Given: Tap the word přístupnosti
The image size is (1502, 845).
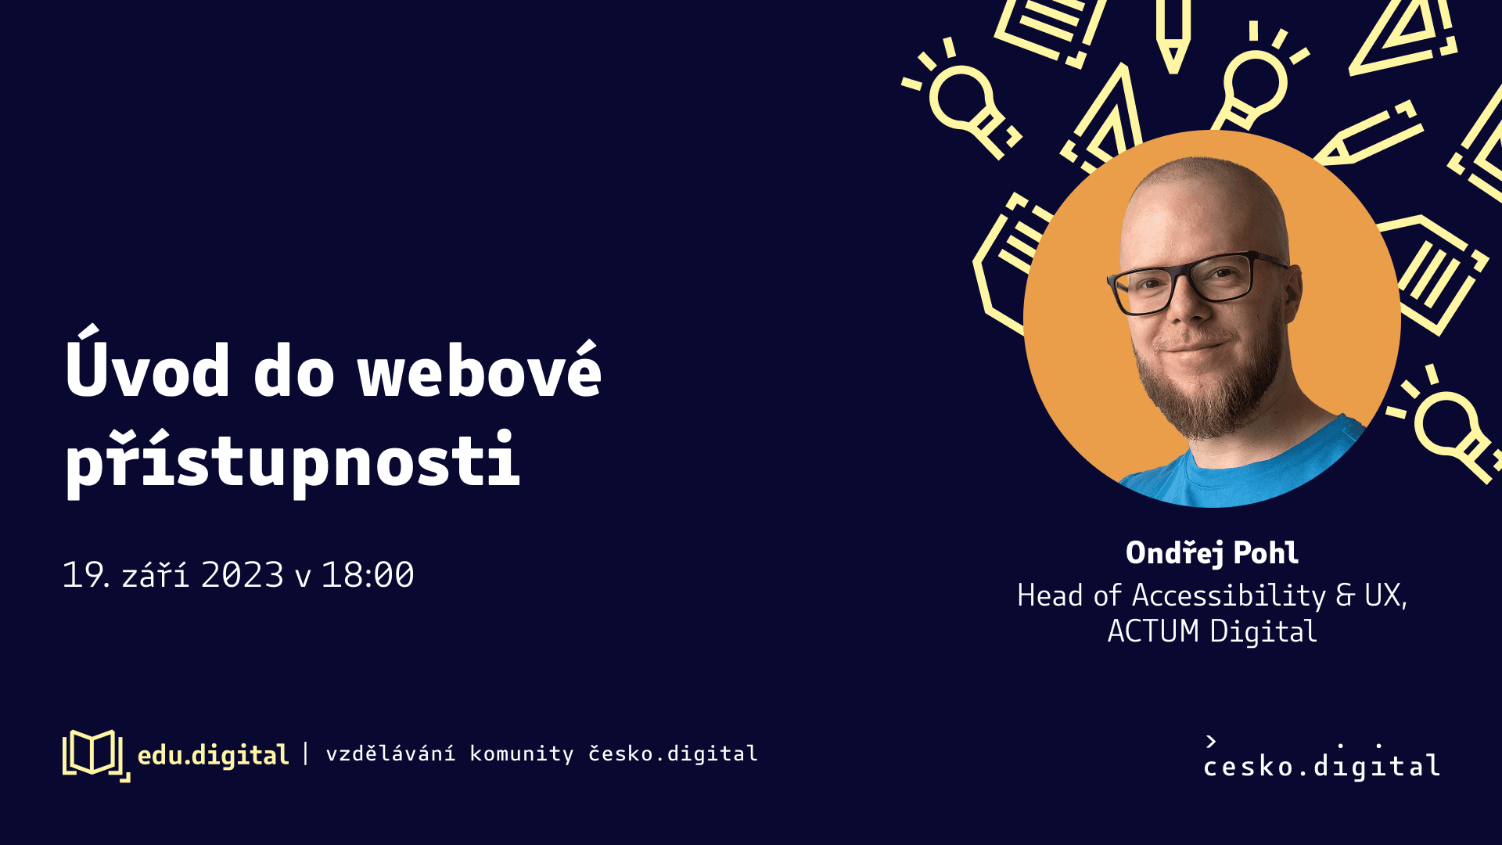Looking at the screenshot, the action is pyautogui.click(x=293, y=461).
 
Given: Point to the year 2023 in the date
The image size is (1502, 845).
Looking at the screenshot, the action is pyautogui.click(x=243, y=575).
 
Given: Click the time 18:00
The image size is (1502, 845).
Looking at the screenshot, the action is pyautogui.click(x=368, y=575).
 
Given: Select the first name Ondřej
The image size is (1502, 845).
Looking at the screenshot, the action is pyautogui.click(x=1174, y=552).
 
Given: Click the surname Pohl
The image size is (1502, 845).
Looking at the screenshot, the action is pyautogui.click(x=1266, y=552).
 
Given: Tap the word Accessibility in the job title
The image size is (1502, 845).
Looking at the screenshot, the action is pyautogui.click(x=1229, y=596).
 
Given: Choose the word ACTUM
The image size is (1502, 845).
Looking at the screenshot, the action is pyautogui.click(x=1153, y=631).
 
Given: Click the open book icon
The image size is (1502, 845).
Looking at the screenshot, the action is pyautogui.click(x=95, y=755).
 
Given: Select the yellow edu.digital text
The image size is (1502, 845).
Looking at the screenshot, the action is pyautogui.click(x=213, y=755).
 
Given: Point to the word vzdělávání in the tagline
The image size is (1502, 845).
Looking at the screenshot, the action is pyautogui.click(x=390, y=753).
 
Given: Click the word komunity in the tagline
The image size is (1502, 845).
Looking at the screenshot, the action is pyautogui.click(x=522, y=754).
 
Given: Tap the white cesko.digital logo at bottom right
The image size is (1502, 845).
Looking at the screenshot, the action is pyautogui.click(x=1321, y=758).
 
